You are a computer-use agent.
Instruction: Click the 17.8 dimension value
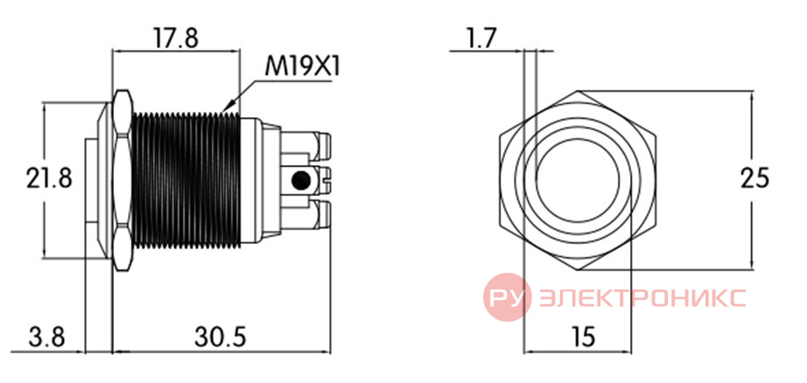[x=177, y=38]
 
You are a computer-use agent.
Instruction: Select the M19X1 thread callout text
[x=303, y=66]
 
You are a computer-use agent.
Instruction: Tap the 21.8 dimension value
[x=49, y=179]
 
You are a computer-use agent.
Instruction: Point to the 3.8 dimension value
[x=47, y=338]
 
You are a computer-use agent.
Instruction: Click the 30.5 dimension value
[x=221, y=338]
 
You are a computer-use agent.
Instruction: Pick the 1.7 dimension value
[x=479, y=38]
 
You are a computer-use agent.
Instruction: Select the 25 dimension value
[x=754, y=179]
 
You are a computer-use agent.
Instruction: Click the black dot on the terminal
[x=300, y=180]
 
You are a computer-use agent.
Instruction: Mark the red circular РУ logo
[x=507, y=297]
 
